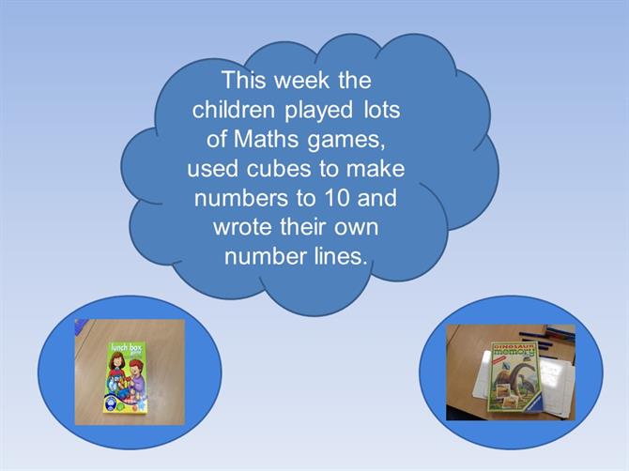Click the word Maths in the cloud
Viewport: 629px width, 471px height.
coord(266,139)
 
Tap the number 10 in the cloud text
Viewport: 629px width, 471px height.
coord(337,198)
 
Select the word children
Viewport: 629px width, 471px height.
coord(234,110)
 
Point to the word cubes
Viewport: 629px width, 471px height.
coord(279,168)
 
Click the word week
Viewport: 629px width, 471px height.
coord(301,80)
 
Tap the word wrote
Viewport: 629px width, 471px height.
coord(243,227)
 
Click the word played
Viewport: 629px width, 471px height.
coord(319,111)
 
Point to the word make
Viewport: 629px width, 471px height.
coord(376,168)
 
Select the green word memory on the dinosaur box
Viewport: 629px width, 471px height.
coord(514,352)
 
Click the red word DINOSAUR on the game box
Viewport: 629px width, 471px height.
coord(514,345)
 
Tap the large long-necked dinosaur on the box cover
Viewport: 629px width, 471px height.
coord(512,376)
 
